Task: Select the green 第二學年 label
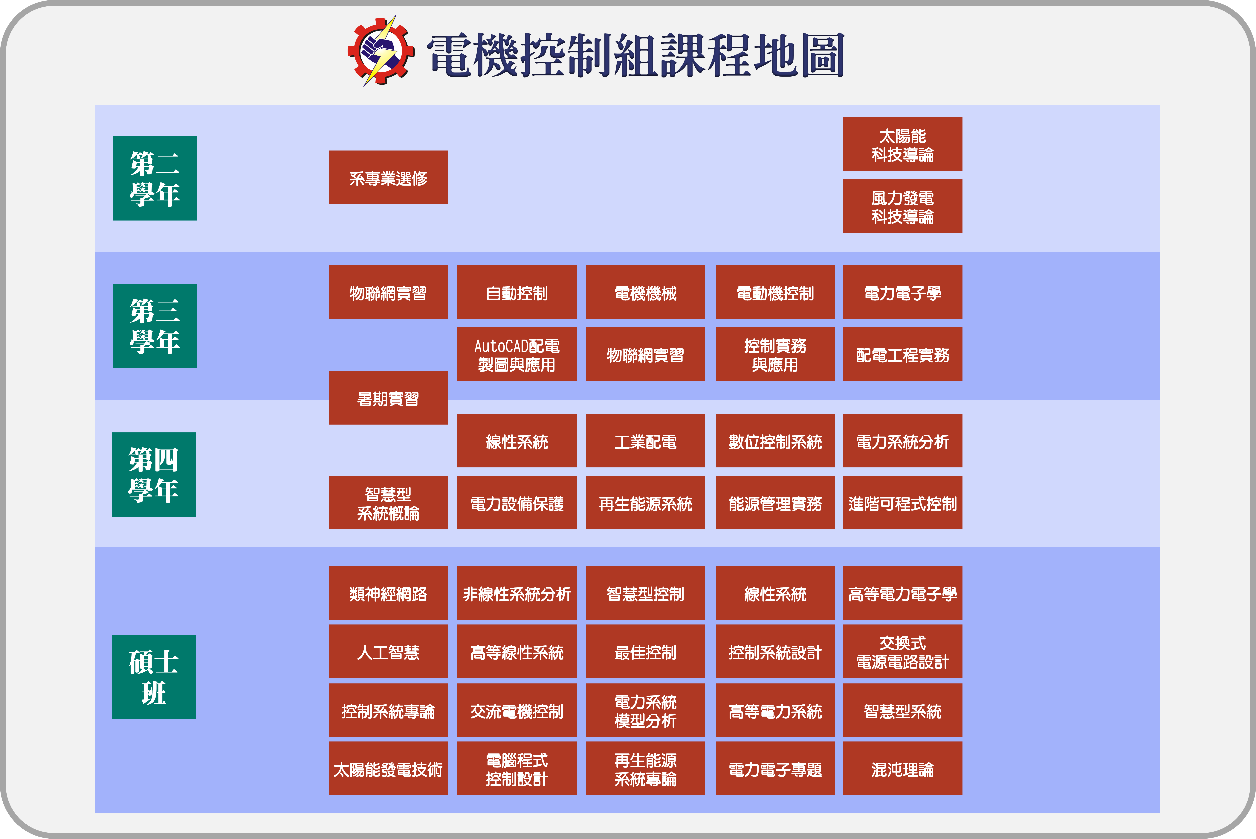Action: (x=155, y=178)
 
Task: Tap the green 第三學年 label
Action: (x=155, y=326)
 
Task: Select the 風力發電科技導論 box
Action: (x=903, y=206)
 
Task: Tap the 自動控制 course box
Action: (x=517, y=292)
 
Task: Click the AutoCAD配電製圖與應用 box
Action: (x=517, y=354)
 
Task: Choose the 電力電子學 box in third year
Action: (x=903, y=292)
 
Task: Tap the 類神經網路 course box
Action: (x=388, y=593)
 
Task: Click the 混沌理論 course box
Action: (x=903, y=768)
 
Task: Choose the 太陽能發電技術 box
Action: (x=388, y=768)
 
